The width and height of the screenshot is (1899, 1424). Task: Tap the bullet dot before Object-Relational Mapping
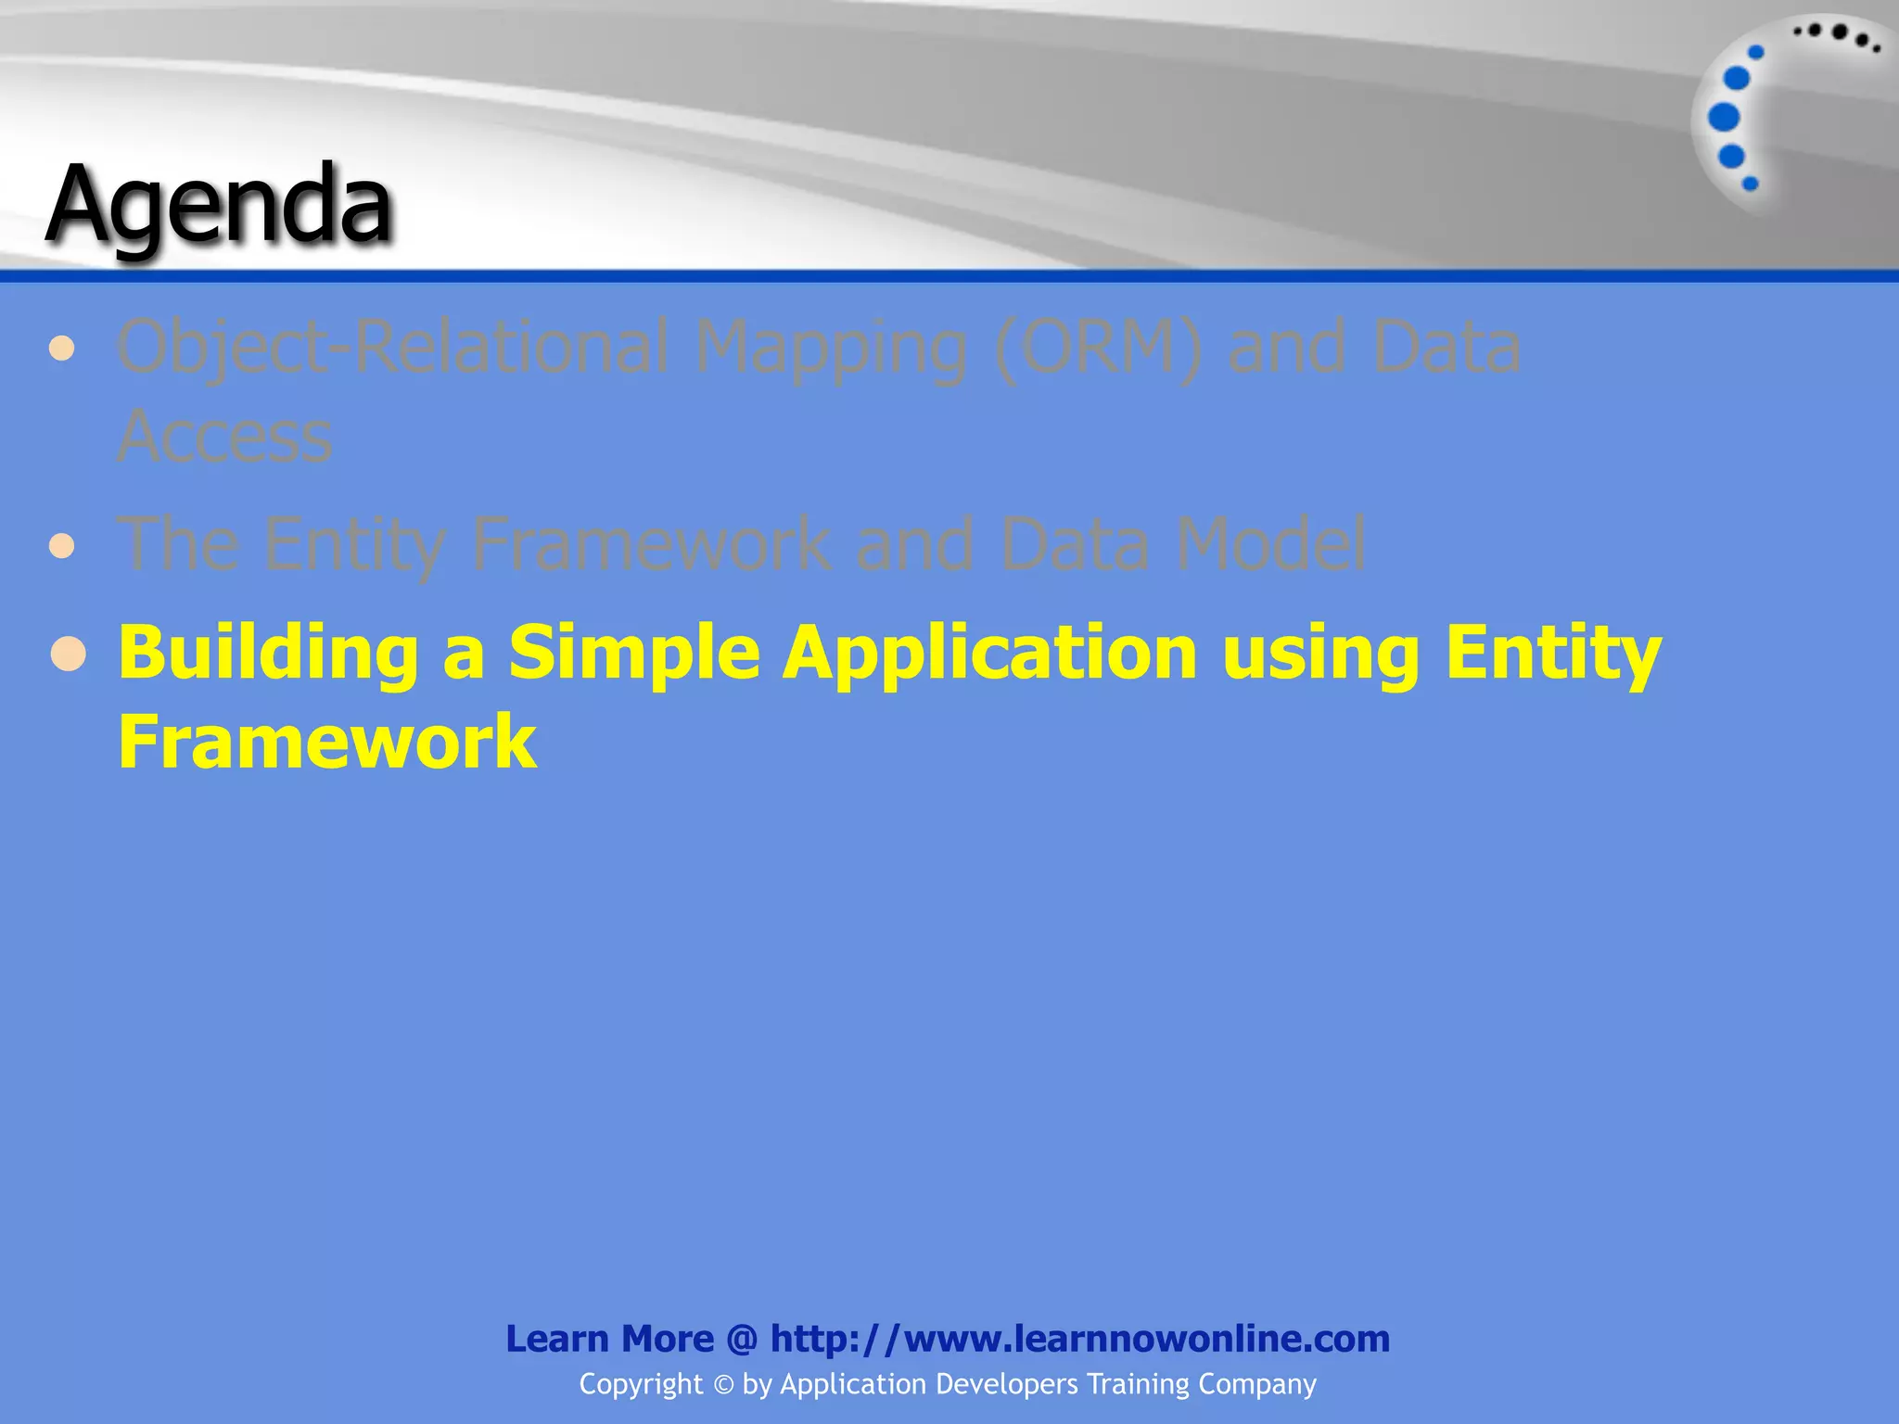coord(62,349)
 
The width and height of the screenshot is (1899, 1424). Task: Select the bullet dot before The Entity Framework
coord(62,545)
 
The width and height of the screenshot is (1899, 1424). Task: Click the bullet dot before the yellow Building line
coord(69,655)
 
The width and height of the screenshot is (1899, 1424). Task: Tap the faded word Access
coord(224,437)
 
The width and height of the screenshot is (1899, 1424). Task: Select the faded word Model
coord(1269,544)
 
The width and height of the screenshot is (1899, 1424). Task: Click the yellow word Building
coord(268,654)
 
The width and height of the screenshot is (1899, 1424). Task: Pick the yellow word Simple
coord(634,654)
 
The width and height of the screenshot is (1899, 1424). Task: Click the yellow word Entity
coord(1553,654)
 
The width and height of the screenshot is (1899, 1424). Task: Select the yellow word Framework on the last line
coord(327,742)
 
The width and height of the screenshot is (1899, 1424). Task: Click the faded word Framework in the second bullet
coord(651,544)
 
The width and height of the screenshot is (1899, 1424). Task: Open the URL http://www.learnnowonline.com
coord(1079,1339)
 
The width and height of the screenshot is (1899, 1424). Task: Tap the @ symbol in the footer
coord(742,1339)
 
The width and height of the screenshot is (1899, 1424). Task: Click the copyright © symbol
coord(723,1385)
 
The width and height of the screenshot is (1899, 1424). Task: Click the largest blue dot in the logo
coord(1724,118)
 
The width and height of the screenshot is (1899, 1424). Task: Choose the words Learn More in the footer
coord(609,1339)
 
